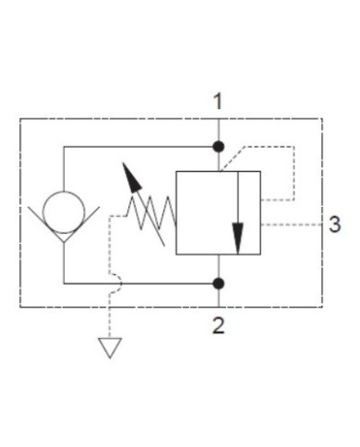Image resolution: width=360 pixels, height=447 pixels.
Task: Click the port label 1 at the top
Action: click(218, 100)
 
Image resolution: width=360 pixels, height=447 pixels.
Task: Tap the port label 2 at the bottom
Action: click(218, 325)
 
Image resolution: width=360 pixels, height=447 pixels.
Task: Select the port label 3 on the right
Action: click(335, 223)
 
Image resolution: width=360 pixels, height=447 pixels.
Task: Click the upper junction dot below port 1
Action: click(218, 147)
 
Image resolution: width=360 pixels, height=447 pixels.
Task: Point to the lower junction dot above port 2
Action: click(218, 283)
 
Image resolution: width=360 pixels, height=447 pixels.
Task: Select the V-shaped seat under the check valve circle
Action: click(65, 234)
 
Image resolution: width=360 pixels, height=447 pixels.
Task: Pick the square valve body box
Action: click(217, 211)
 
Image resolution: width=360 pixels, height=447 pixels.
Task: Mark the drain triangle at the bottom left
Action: click(111, 348)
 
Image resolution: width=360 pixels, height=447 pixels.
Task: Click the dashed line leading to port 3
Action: click(291, 223)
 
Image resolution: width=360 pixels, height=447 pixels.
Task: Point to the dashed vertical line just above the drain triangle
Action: click(111, 319)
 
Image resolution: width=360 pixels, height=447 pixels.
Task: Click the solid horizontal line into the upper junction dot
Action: click(138, 147)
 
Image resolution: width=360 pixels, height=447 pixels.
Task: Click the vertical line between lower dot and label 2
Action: click(218, 297)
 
